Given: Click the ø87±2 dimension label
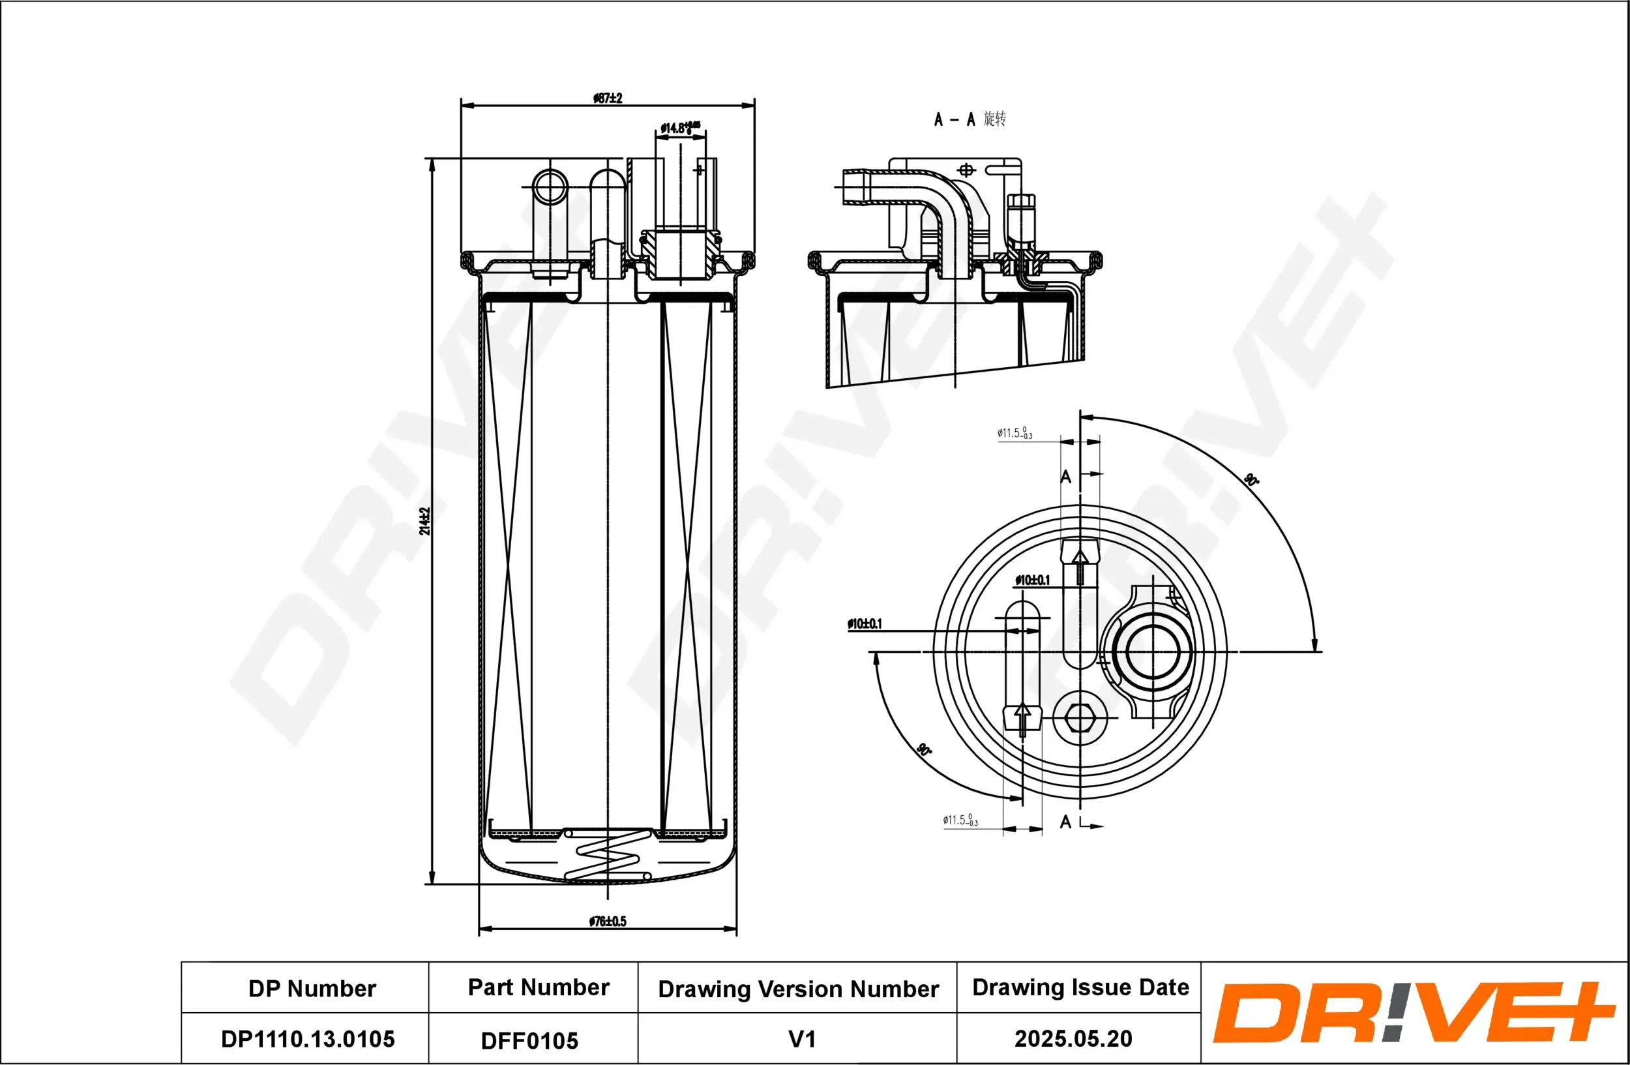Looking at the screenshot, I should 608,98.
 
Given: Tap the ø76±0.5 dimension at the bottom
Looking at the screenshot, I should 608,921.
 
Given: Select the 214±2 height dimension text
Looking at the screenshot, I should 424,521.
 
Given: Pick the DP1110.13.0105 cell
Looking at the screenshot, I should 308,1039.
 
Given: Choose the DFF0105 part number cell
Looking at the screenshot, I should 529,1040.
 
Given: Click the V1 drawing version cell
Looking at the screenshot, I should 802,1039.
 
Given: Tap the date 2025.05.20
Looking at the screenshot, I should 1073,1038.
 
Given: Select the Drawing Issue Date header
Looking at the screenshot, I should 1080,987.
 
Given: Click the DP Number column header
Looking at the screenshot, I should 312,988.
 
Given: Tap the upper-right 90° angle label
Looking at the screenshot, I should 1251,479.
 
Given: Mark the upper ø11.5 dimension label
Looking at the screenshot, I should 1015,433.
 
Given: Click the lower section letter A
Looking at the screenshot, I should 1065,822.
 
